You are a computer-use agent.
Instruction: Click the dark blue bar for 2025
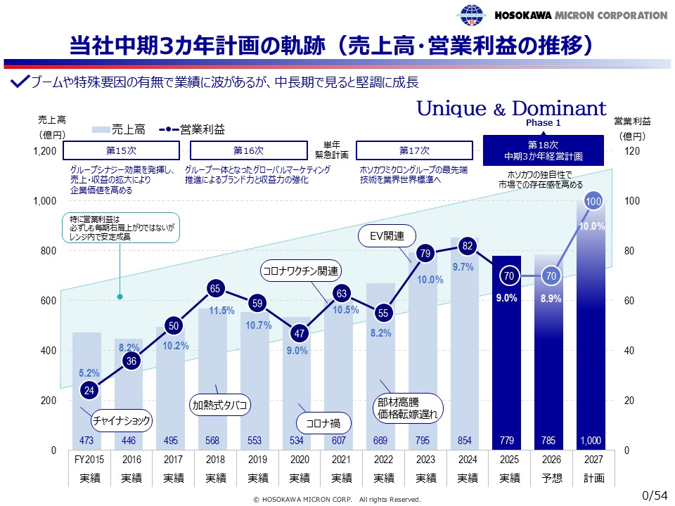pos(506,351)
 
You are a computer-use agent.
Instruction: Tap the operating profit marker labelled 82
pos(468,246)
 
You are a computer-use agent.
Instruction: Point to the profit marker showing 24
pos(89,390)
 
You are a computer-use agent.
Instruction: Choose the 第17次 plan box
pos(414,150)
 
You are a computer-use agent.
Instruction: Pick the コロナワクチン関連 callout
pos(300,271)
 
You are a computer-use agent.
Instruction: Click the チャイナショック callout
pos(123,421)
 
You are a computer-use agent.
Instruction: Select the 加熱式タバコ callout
pos(221,405)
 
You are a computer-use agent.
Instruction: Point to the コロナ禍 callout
pos(323,423)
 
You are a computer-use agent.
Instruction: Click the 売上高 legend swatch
pos(101,129)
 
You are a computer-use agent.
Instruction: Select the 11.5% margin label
pos(221,311)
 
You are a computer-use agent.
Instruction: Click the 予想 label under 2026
pos(551,479)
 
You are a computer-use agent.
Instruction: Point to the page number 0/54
pos(655,495)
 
